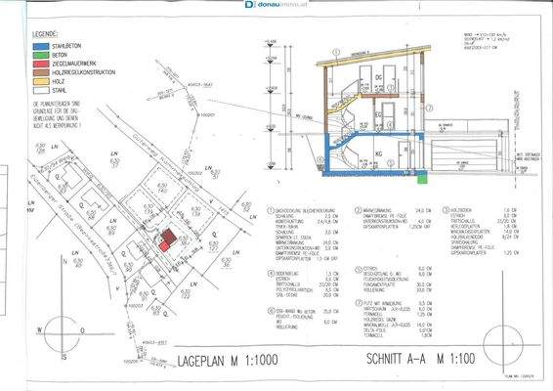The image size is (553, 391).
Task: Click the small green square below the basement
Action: [x=421, y=178]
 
